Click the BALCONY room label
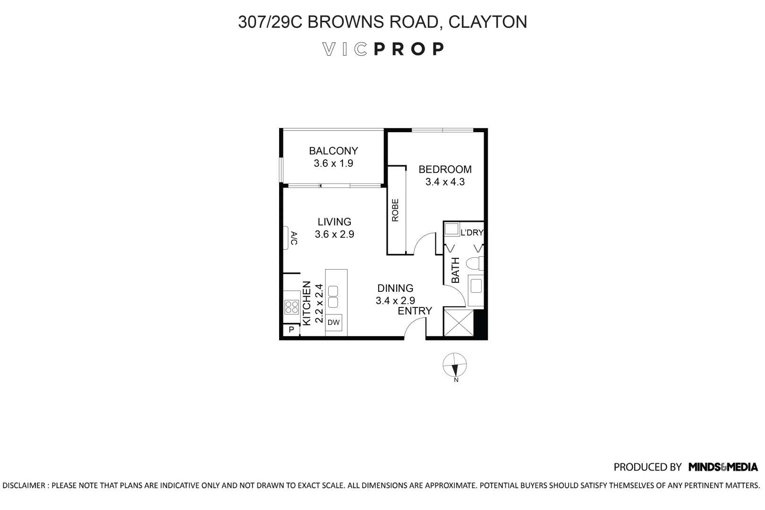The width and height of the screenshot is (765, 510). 333,151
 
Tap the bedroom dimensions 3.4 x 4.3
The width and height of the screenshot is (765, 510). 445,182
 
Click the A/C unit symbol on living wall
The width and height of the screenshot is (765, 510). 288,238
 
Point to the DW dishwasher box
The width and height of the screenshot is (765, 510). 334,323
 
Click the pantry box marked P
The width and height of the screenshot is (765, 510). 291,330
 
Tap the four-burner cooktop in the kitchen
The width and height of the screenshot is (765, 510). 291,307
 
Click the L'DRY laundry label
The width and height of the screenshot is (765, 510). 472,232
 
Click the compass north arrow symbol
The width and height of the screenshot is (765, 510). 455,366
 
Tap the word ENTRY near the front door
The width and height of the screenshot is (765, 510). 415,311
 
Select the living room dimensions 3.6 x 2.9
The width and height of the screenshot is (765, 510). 334,234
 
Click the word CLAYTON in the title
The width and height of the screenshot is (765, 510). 487,22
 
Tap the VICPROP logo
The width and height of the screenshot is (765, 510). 382,49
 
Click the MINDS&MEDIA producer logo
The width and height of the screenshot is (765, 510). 723,467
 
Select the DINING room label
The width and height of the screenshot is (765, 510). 395,288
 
